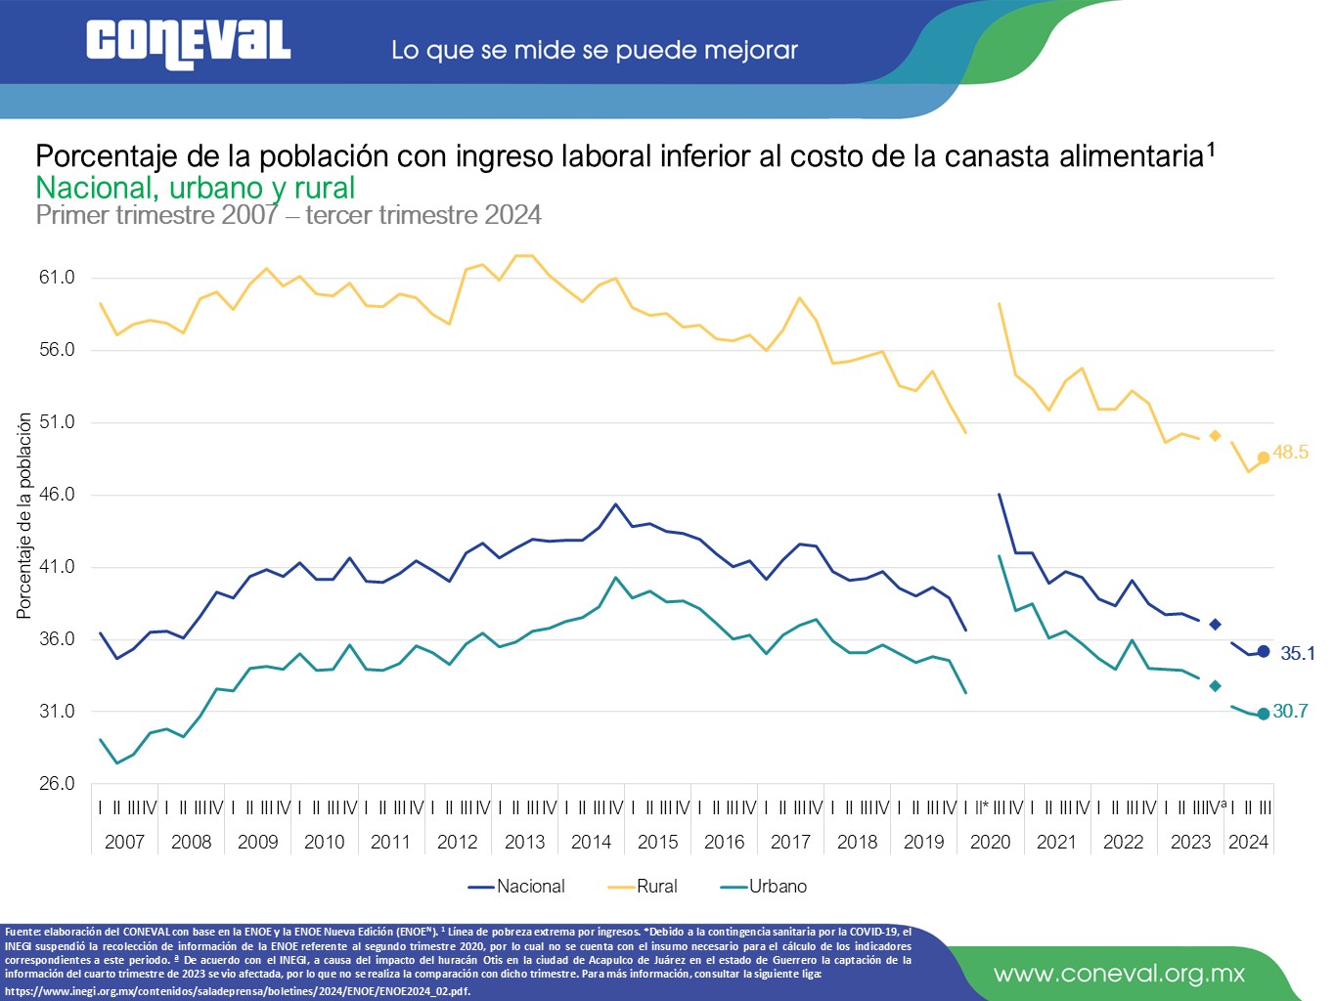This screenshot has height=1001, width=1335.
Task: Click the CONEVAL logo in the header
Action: [188, 44]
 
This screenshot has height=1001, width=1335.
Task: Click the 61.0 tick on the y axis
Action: [57, 278]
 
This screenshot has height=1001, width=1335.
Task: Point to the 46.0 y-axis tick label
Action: [57, 495]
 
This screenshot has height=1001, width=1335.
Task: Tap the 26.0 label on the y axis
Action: [57, 784]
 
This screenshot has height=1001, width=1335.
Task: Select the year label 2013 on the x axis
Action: [524, 842]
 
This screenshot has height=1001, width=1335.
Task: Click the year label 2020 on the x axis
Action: [990, 842]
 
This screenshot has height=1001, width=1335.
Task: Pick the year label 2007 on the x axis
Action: [124, 842]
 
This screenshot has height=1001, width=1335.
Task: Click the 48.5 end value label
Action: [1290, 452]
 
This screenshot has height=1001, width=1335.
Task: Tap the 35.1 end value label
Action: [1298, 653]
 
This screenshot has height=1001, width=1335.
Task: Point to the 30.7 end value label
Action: [1290, 712]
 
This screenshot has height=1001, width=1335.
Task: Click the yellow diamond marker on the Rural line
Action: [1215, 436]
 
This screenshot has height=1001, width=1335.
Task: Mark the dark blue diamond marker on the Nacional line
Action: [1215, 625]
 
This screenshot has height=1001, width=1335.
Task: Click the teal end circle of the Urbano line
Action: [1264, 714]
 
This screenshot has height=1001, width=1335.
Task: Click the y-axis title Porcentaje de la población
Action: [24, 515]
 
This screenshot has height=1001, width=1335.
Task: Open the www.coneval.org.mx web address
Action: [1119, 974]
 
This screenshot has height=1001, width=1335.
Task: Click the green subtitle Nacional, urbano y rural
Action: [196, 188]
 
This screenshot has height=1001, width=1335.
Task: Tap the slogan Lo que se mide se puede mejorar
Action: [595, 50]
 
